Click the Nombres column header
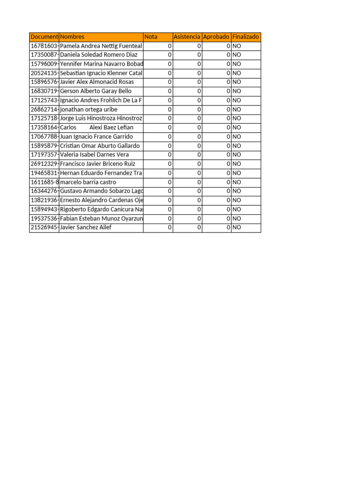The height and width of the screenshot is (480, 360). (x=73, y=37)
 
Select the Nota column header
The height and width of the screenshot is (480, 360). (x=151, y=37)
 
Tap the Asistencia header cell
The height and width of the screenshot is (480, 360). (x=187, y=37)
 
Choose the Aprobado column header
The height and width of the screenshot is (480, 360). (x=216, y=37)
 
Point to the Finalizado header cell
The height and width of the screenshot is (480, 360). (x=246, y=37)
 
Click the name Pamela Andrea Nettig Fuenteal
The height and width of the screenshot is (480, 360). (x=101, y=46)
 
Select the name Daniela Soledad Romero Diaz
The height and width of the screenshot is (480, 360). (x=99, y=55)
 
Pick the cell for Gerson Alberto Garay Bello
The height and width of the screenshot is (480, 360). (x=96, y=91)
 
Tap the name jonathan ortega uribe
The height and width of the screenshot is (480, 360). (x=89, y=109)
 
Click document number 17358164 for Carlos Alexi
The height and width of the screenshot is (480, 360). (x=44, y=127)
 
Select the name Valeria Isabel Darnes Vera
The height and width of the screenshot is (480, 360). (x=95, y=155)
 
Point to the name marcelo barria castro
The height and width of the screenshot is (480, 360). (x=88, y=182)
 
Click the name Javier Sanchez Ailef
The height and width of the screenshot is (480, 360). (x=86, y=227)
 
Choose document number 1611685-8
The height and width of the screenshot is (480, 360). (x=44, y=182)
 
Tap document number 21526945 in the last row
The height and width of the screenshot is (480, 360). (x=44, y=227)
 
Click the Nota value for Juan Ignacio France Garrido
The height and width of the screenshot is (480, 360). (x=169, y=136)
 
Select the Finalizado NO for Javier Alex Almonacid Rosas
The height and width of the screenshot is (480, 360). (x=237, y=82)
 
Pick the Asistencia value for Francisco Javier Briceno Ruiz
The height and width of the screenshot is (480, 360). (x=199, y=164)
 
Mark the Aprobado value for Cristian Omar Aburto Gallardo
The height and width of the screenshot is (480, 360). (x=228, y=146)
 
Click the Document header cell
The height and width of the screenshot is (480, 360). (x=44, y=37)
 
